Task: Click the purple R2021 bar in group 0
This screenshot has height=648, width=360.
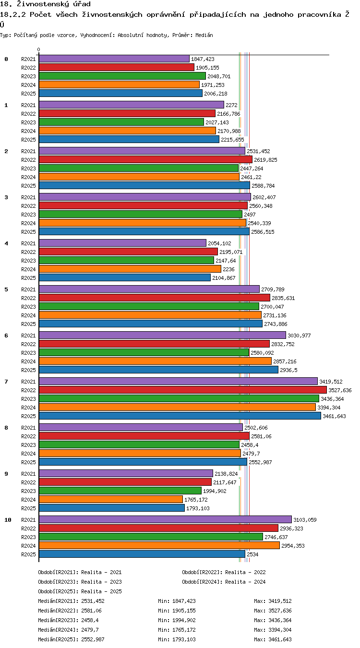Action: pos(114,59)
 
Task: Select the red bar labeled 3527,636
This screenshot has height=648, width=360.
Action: pos(183,390)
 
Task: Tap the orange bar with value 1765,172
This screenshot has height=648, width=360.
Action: pos(111,499)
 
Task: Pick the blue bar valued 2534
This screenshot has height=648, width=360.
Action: pos(142,554)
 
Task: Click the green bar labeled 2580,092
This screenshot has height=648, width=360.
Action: pos(144,352)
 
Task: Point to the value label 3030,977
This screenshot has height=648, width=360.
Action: pos(299,336)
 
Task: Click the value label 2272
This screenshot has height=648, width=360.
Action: pos(231,105)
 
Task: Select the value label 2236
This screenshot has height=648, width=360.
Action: pos(228,269)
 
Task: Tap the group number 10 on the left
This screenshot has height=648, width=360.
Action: pos(8,520)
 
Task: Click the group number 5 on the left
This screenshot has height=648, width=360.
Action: pos(6,289)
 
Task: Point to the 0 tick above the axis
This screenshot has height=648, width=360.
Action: pos(39,50)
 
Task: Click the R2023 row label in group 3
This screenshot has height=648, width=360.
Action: pos(28,215)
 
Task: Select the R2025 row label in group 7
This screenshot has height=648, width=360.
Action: pos(28,416)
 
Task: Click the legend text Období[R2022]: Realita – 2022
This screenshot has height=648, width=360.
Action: pos(224,572)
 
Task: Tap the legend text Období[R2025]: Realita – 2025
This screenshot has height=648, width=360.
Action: pos(80,591)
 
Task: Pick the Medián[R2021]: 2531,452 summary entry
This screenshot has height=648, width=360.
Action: pos(71,601)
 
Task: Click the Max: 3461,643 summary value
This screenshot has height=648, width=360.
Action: pos(273,639)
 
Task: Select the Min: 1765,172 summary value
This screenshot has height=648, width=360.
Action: pos(177,630)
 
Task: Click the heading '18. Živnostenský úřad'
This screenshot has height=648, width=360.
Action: pos(45,4)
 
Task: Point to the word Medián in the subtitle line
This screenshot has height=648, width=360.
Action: pos(204,36)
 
